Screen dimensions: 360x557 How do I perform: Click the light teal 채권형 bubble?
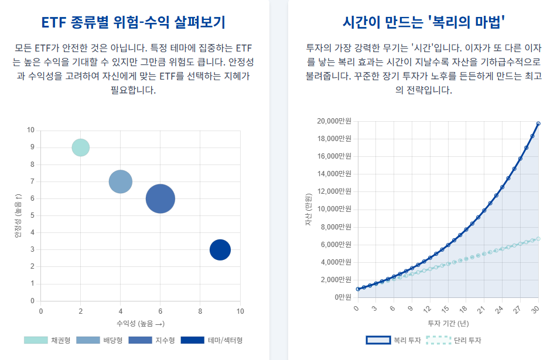pos(81,148)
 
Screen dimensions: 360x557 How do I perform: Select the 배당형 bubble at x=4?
pos(121,181)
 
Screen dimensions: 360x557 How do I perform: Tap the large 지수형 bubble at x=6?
pos(160,198)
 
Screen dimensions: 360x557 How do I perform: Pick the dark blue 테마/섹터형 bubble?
pos(220,250)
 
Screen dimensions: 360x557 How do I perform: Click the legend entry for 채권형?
pos(47,340)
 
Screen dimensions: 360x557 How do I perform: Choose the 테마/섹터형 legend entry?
pos(211,340)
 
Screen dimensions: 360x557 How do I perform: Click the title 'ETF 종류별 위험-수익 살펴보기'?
pos(134,22)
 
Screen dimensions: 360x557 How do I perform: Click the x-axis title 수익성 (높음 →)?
pos(140,323)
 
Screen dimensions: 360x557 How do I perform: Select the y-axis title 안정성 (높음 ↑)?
pos(18,215)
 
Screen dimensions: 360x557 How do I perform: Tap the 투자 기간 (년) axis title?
pos(448,323)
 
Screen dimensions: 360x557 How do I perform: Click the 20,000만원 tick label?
pos(334,121)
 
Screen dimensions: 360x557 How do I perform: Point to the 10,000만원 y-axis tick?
pos(334,209)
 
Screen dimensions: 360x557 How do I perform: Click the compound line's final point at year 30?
pos(538,124)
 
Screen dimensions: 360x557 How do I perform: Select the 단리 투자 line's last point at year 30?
pos(538,239)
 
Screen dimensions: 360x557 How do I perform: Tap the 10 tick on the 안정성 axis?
pos(30,130)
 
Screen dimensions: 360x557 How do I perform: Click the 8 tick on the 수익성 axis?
pos(200,311)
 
